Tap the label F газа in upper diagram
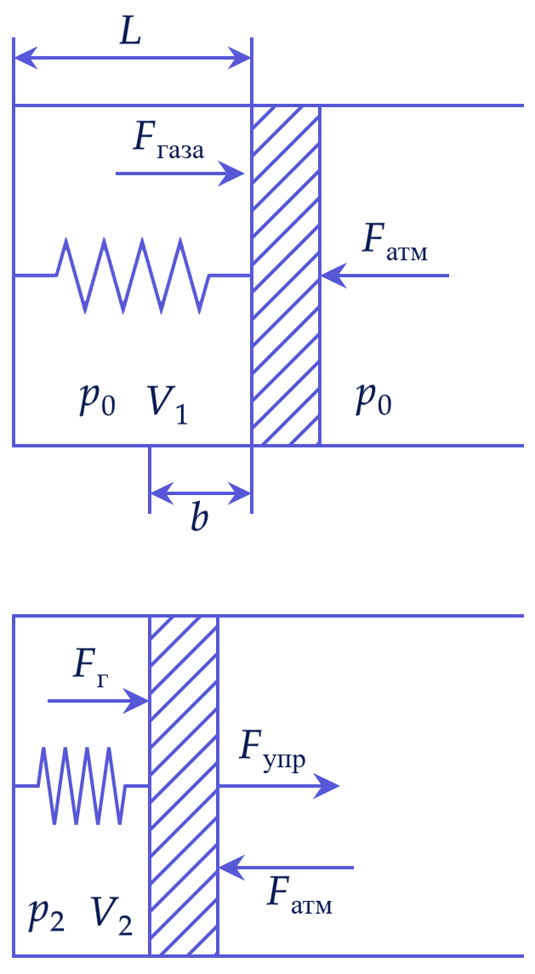(x=168, y=141)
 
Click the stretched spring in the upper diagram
(x=133, y=275)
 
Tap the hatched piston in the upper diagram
(x=286, y=275)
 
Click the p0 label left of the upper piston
(x=96, y=402)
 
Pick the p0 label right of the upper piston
(x=373, y=401)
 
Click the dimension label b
(x=199, y=517)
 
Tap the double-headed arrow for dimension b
(x=200, y=494)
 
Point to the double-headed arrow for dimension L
(x=133, y=60)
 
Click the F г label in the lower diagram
(x=91, y=668)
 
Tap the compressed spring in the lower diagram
(x=82, y=786)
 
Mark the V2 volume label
(x=111, y=915)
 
